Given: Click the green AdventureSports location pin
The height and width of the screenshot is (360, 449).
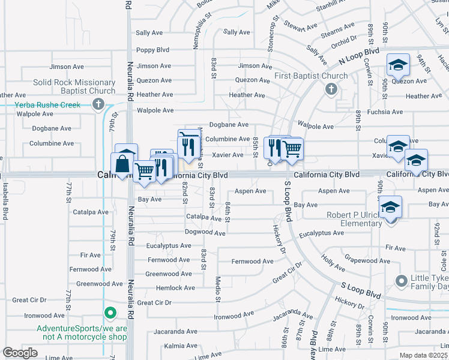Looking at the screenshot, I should (110, 313).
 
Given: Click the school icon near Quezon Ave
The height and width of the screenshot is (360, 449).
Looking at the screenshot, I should (397, 65).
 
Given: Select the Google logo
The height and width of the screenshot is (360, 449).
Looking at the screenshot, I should (20, 353).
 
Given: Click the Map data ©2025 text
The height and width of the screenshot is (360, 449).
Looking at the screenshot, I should (423, 355).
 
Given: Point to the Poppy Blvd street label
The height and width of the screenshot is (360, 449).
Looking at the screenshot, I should (152, 50).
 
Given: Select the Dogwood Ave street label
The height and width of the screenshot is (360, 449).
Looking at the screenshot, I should (205, 232).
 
